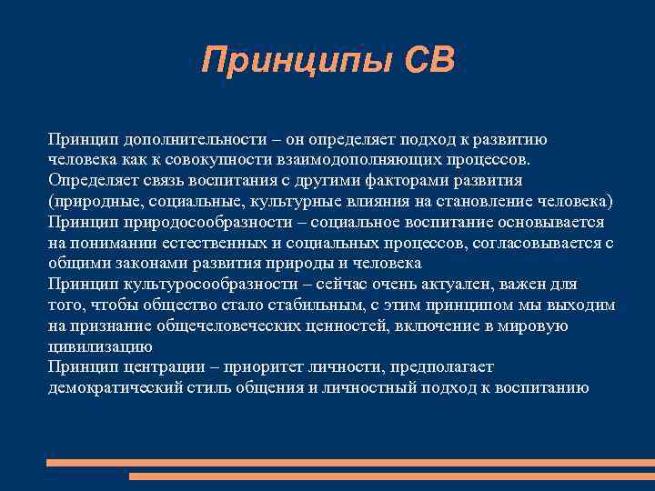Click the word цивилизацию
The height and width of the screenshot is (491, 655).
point(100,346)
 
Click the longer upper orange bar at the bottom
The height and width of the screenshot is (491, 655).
point(350,463)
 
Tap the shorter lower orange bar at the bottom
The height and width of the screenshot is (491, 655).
point(391,476)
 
